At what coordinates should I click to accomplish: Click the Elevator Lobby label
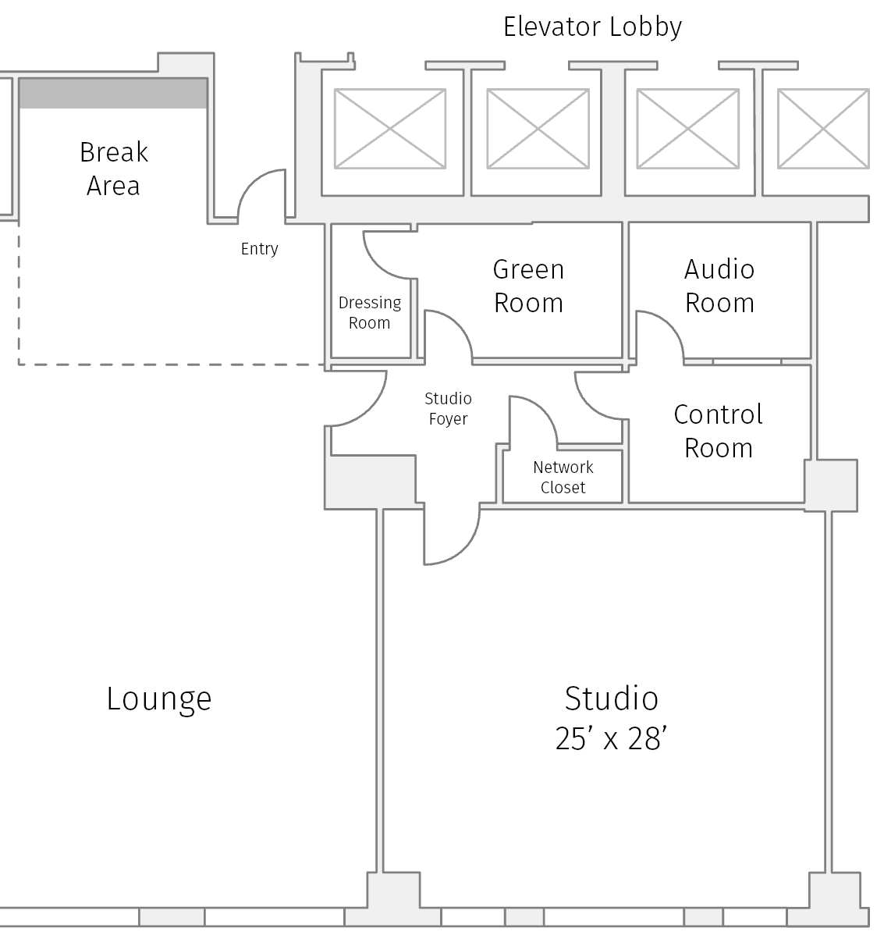pyautogui.click(x=592, y=27)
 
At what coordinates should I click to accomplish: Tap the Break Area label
pyautogui.click(x=114, y=169)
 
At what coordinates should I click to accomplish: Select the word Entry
pyautogui.click(x=259, y=249)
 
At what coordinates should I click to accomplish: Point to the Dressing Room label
pyautogui.click(x=370, y=312)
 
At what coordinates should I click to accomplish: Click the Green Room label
pyautogui.click(x=528, y=286)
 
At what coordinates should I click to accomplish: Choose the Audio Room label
pyautogui.click(x=719, y=286)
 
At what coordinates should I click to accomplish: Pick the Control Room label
pyautogui.click(x=718, y=431)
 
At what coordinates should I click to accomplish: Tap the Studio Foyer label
pyautogui.click(x=448, y=408)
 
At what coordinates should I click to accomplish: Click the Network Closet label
pyautogui.click(x=563, y=477)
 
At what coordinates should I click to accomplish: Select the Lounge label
pyautogui.click(x=159, y=699)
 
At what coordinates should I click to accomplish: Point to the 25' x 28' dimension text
pyautogui.click(x=610, y=738)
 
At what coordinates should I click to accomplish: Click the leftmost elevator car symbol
pyautogui.click(x=390, y=128)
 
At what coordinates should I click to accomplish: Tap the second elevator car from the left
pyautogui.click(x=538, y=128)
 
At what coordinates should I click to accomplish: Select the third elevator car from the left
pyautogui.click(x=687, y=128)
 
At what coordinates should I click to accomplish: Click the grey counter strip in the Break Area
pyautogui.click(x=113, y=93)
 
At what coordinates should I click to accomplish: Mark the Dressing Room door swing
pyautogui.click(x=388, y=254)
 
